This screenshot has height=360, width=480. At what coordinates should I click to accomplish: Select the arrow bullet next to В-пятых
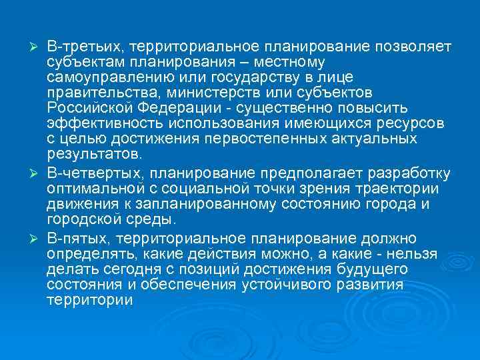pyautogui.click(x=37, y=237)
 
